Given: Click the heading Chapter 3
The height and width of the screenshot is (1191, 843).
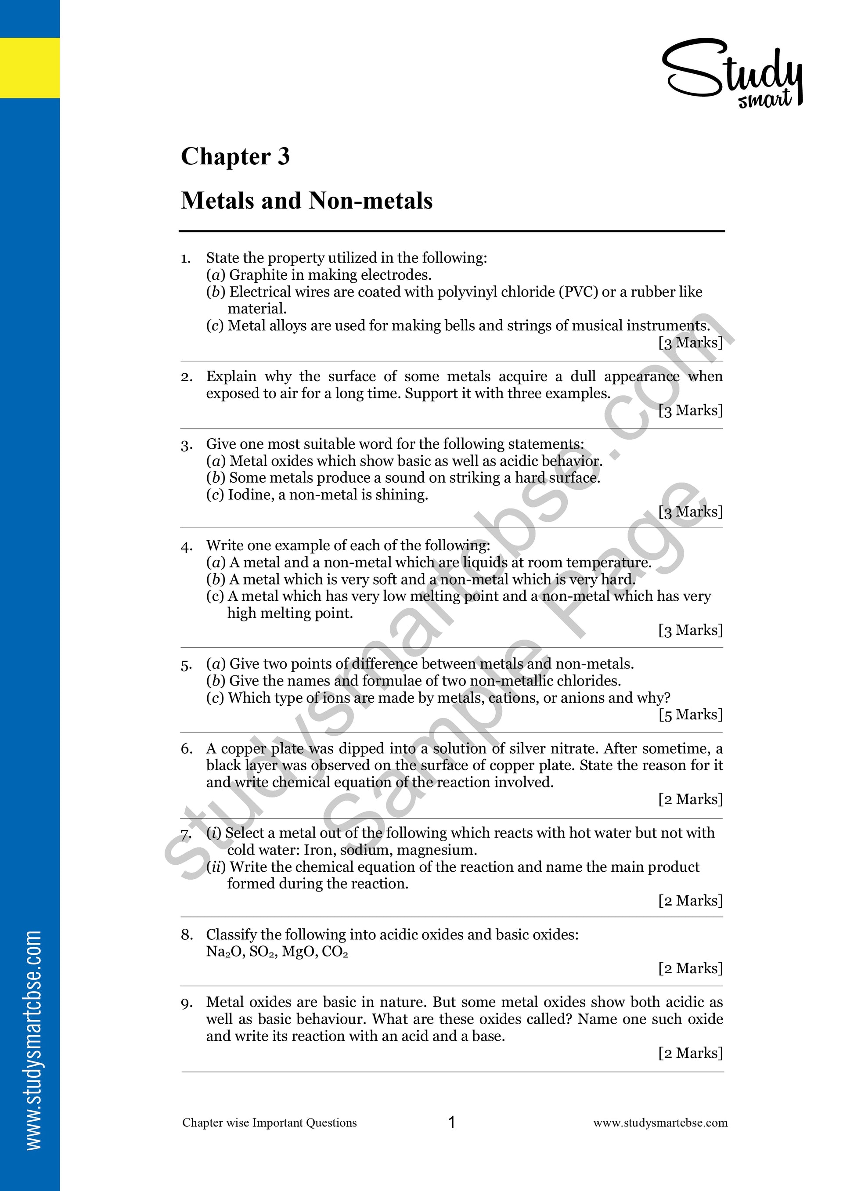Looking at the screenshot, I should (235, 156).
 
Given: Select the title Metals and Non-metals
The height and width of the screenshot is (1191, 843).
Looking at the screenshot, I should (306, 200).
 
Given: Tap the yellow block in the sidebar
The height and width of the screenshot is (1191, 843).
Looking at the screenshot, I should (29, 68).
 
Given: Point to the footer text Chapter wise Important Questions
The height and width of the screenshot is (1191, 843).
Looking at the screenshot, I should (270, 1123).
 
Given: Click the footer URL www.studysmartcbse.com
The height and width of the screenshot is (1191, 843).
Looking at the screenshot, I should (660, 1123).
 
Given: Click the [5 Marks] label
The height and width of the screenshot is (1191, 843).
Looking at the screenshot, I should (690, 715).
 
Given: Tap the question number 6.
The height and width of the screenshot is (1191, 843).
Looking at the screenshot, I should (186, 749).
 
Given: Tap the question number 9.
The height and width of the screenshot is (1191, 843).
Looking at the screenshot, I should (186, 1003).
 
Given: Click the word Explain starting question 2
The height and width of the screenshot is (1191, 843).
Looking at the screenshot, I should (231, 376).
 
